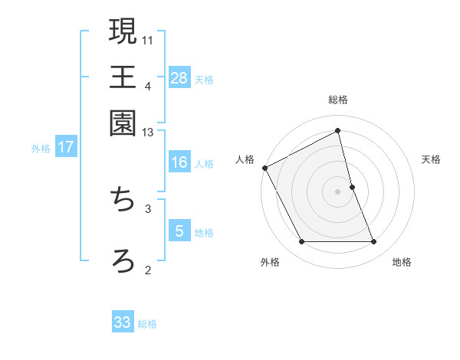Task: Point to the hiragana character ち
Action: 123,201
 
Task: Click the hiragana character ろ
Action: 123,260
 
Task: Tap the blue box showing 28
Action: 179,77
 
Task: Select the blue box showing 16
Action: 179,162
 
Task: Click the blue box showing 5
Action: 179,231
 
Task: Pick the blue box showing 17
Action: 66,147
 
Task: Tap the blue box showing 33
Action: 123,322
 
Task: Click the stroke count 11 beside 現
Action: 148,39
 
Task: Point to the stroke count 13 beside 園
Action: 148,133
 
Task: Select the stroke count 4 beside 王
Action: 148,86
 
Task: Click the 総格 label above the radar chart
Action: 338,100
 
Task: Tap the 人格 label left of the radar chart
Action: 245,159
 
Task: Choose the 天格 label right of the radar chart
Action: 432,159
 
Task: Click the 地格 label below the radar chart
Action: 402,263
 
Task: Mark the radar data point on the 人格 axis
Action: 264,168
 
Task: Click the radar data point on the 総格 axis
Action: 338,131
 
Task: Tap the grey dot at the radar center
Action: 338,191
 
